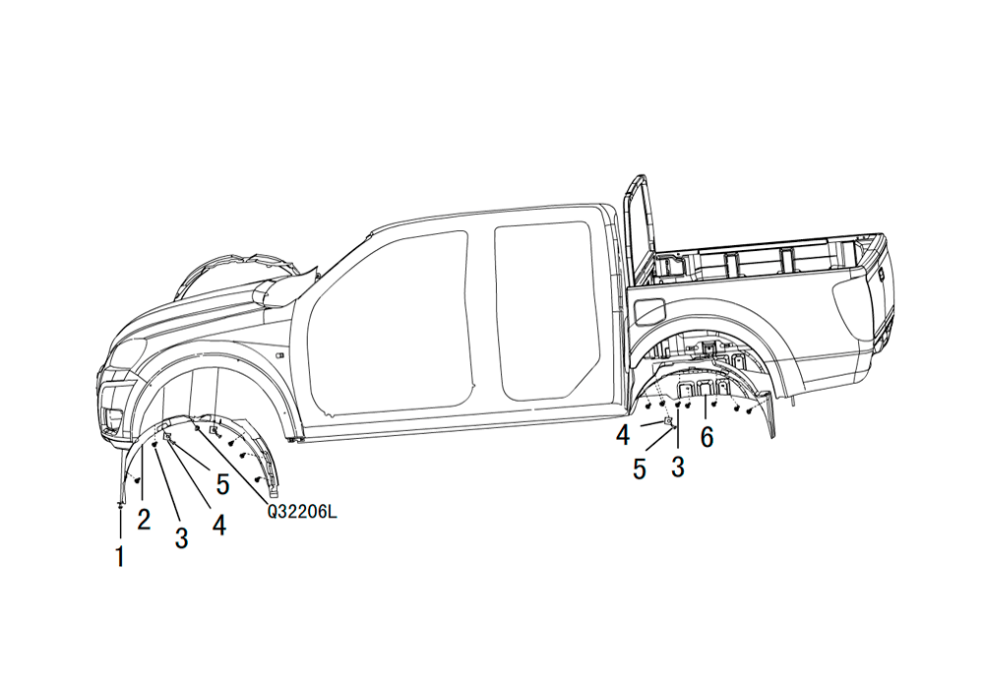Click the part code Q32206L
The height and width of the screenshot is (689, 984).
[302, 512]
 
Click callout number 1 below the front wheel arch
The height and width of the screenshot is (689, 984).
[119, 556]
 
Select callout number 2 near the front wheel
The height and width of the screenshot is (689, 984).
[144, 519]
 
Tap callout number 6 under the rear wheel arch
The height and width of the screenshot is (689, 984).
[707, 437]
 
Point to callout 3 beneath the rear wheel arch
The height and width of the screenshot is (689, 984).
[678, 467]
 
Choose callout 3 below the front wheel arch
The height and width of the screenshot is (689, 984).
[181, 537]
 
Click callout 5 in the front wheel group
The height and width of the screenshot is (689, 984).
[222, 484]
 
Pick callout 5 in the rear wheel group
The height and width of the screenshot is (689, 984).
[640, 469]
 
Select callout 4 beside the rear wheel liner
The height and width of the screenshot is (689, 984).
[623, 435]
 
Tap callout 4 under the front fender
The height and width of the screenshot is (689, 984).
[219, 524]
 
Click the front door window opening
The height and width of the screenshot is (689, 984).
[389, 323]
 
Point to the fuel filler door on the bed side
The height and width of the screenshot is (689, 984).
[649, 311]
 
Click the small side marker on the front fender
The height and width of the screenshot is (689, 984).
[279, 355]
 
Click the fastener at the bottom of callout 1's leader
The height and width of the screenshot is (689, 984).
[120, 504]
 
